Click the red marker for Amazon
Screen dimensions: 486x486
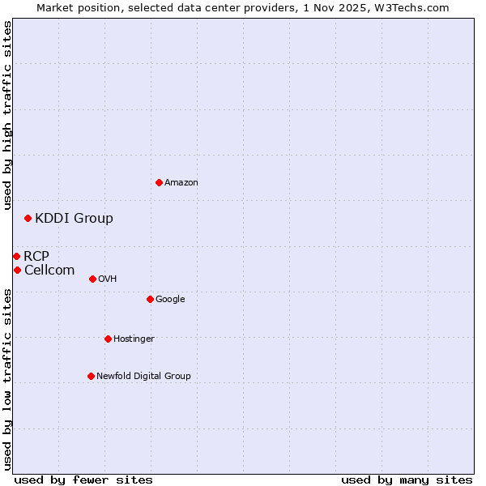[x=159, y=182]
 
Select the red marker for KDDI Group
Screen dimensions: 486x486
[x=28, y=218]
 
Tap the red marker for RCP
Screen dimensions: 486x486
[x=16, y=256]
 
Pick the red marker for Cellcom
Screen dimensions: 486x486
[x=17, y=270]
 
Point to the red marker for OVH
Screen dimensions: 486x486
[x=92, y=279]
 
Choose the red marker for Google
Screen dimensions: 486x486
[x=150, y=299]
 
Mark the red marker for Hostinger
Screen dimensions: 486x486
[x=108, y=339]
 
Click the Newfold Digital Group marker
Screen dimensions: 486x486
[x=91, y=376]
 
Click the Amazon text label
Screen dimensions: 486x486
[x=181, y=183]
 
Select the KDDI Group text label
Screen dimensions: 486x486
[x=74, y=219]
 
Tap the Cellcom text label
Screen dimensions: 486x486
[x=49, y=271]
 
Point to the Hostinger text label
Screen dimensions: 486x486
[x=134, y=339]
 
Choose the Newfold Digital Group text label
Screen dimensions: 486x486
[x=143, y=377]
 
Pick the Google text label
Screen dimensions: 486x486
[x=170, y=300]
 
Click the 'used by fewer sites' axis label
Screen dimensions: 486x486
[x=83, y=480]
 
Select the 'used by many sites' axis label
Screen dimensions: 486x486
[x=407, y=480]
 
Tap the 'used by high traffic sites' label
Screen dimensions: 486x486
[x=8, y=115]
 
